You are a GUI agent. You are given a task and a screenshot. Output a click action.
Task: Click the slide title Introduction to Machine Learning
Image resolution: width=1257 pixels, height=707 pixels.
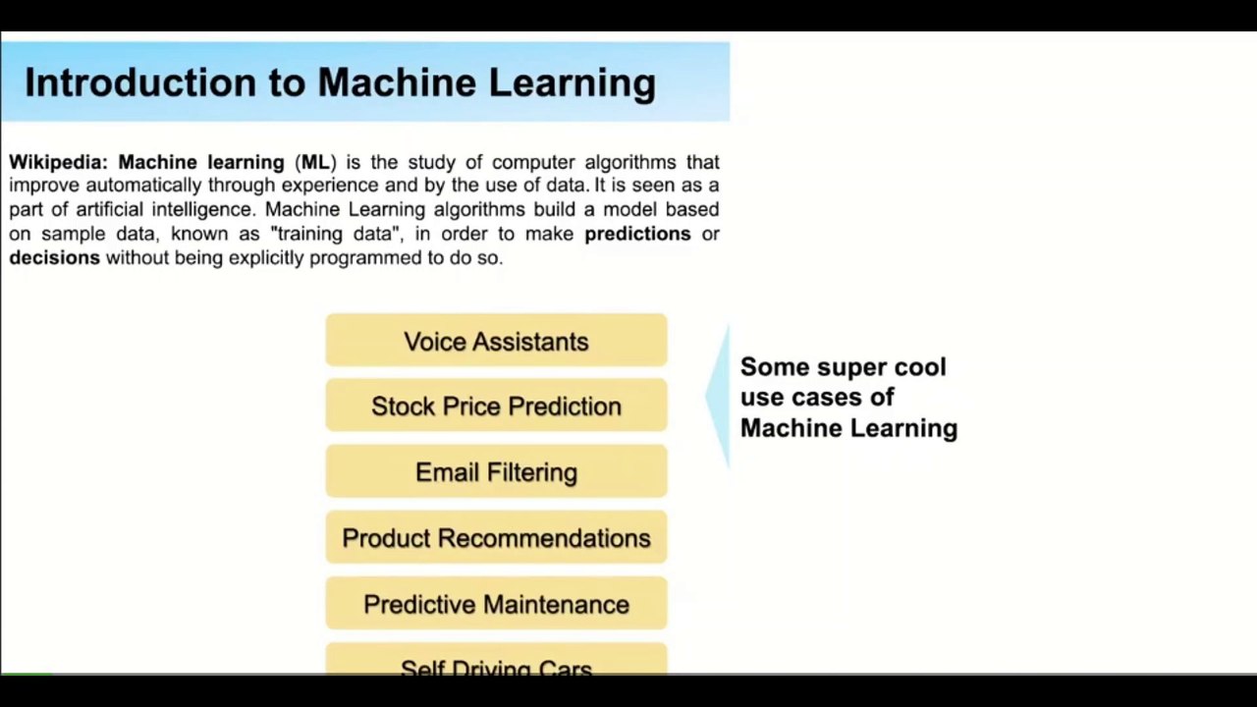pyautogui.click(x=340, y=83)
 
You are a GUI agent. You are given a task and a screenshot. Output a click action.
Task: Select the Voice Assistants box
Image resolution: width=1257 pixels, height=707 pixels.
pyautogui.click(x=496, y=341)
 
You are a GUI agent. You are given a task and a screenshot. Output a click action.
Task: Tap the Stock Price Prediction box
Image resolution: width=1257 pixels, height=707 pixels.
pyautogui.click(x=496, y=407)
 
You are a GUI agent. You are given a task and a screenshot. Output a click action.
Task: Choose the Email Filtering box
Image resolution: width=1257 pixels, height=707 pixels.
pyautogui.click(x=496, y=472)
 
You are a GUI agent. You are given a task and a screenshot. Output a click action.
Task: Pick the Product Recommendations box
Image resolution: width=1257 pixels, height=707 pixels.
pyautogui.click(x=496, y=538)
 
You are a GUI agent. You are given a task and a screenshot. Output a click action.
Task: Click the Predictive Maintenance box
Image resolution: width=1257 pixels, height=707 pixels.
pyautogui.click(x=496, y=604)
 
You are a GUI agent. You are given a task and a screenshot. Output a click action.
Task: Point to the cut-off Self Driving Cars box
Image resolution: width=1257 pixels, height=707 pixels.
pyautogui.click(x=496, y=665)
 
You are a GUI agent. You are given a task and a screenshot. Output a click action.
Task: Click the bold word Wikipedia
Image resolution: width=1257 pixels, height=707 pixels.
pyautogui.click(x=58, y=162)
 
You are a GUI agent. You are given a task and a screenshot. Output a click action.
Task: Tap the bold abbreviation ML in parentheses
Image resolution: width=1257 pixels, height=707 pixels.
pyautogui.click(x=315, y=162)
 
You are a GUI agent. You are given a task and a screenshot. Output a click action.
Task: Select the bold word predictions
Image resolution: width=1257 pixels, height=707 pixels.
pyautogui.click(x=637, y=234)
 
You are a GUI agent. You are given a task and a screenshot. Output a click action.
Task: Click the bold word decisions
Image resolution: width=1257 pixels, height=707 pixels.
pyautogui.click(x=55, y=257)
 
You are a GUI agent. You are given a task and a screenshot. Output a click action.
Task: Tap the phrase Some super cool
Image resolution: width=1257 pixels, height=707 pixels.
pyautogui.click(x=843, y=367)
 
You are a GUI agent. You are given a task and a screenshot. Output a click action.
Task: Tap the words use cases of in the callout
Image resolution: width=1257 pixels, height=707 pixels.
pyautogui.click(x=817, y=397)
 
